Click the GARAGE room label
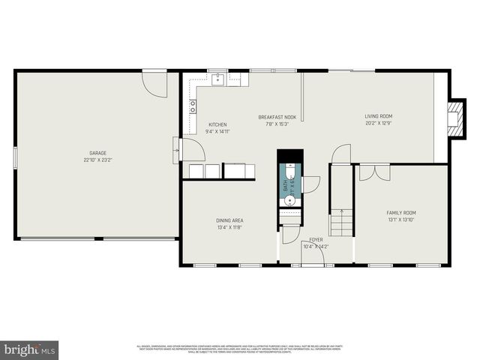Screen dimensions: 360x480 pos(97,152)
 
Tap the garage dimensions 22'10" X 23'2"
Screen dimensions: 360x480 pos(97,160)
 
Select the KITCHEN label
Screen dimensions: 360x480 pos(217,124)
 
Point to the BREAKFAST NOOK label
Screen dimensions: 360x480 pos(277,117)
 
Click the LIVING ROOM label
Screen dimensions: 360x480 pos(378,116)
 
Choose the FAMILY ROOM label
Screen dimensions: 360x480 pos(400,213)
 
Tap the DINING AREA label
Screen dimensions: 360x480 pos(229,220)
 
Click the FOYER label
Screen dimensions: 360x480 pos(316,240)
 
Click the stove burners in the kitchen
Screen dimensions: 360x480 pos(193,106)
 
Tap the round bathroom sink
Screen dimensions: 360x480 pos(290,200)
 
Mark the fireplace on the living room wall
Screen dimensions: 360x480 pos(454,118)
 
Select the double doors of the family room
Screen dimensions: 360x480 pos(374,173)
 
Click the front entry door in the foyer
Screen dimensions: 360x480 pos(312,255)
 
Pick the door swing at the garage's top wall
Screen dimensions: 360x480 pos(156,84)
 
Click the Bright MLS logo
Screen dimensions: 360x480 pos(29,349)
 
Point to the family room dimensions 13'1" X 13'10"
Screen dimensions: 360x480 pos(400,220)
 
